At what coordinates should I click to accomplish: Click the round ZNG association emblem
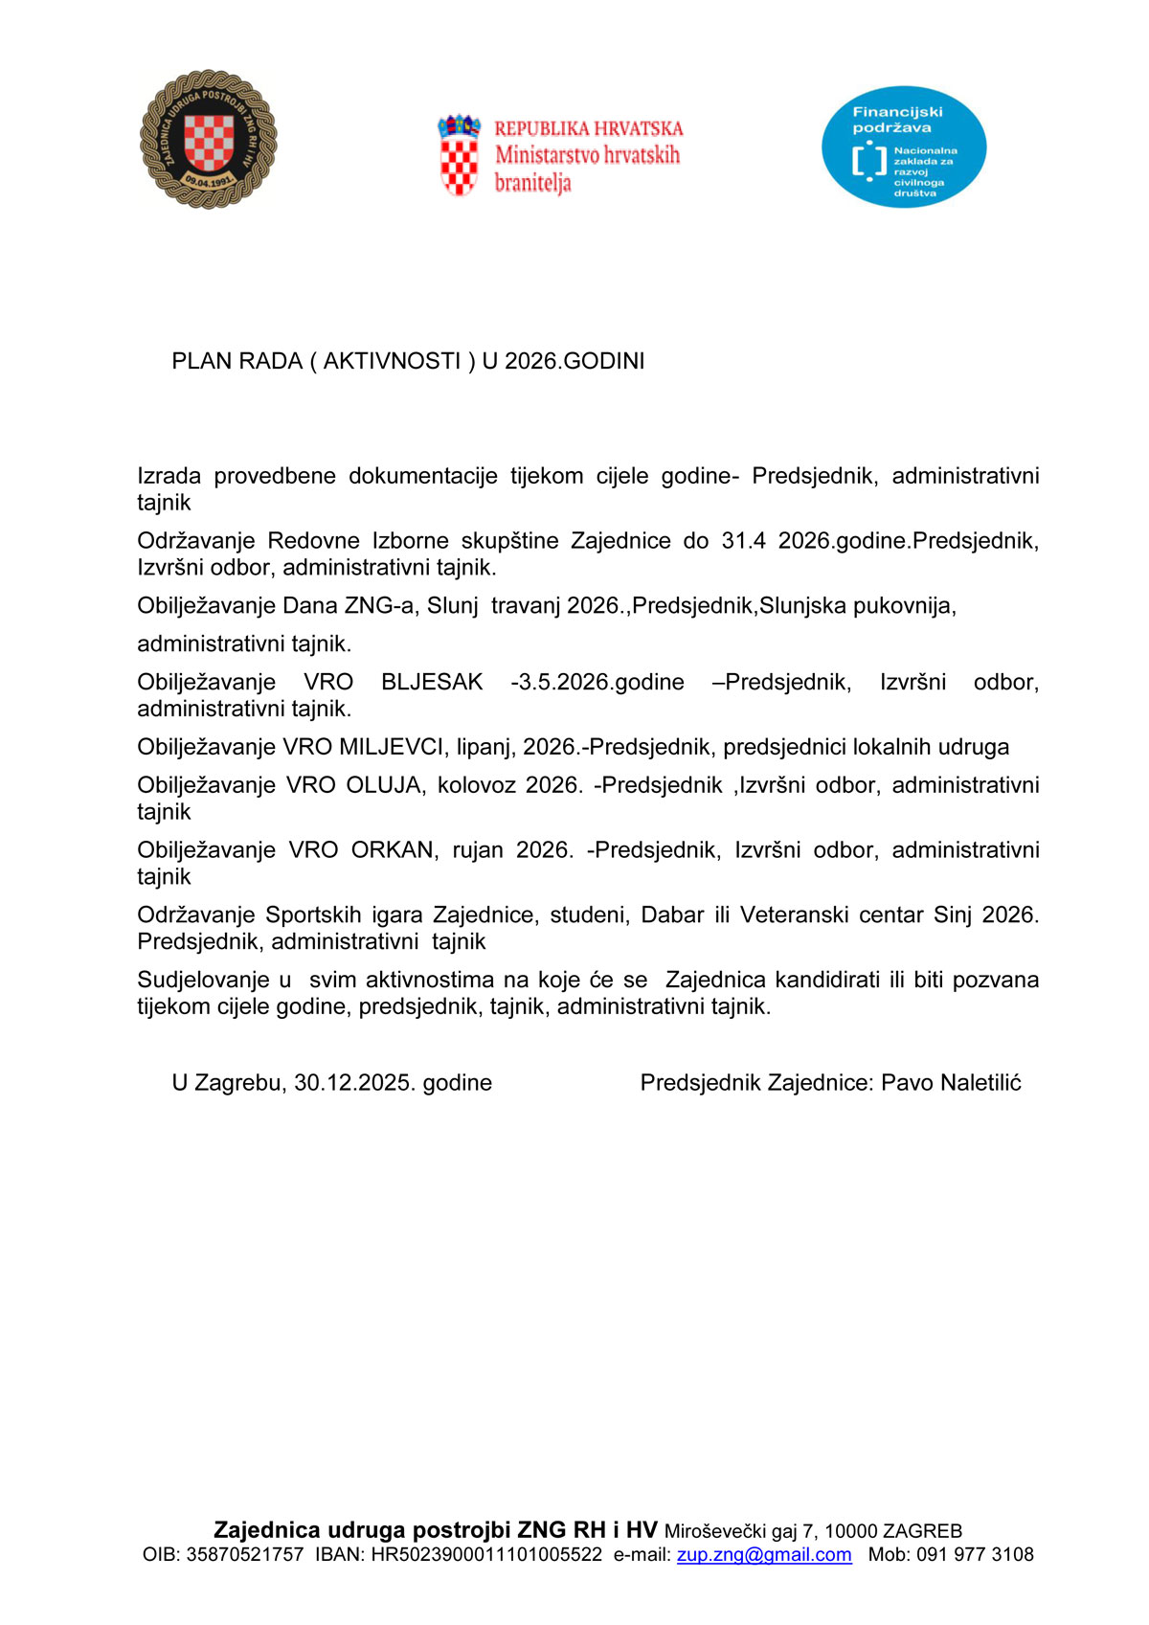tap(209, 139)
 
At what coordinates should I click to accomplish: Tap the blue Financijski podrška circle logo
tap(903, 147)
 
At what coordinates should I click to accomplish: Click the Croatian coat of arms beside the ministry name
tap(459, 155)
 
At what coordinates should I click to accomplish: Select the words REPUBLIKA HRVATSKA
tap(588, 128)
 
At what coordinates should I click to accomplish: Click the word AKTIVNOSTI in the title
tap(392, 361)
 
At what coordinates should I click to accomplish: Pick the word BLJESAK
tap(432, 682)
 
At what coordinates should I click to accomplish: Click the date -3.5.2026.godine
tap(597, 682)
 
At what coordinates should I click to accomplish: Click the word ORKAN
tap(393, 850)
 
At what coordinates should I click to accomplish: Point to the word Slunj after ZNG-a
tap(452, 605)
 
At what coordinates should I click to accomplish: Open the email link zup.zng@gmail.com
tap(764, 1554)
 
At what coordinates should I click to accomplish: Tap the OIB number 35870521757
tap(244, 1554)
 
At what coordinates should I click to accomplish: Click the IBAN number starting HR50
tap(486, 1554)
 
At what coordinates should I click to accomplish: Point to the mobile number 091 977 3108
tap(975, 1554)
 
